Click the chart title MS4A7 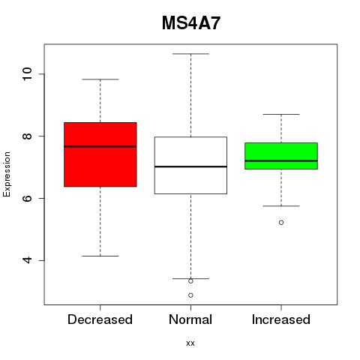(191, 23)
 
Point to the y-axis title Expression (7, 174)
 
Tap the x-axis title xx (190, 343)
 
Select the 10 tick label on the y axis (27, 74)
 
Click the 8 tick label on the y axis (27, 136)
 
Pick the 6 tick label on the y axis (27, 198)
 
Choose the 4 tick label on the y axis (27, 260)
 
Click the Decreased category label (100, 319)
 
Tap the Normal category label (190, 319)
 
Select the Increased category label (281, 319)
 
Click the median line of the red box (100, 146)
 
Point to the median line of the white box (190, 166)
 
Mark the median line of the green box (281, 160)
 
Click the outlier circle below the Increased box (281, 223)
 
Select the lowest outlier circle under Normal (190, 295)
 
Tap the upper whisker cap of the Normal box (190, 54)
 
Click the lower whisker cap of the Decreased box (100, 256)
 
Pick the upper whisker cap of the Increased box (281, 114)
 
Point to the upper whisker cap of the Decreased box (100, 79)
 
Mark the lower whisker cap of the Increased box (281, 206)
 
